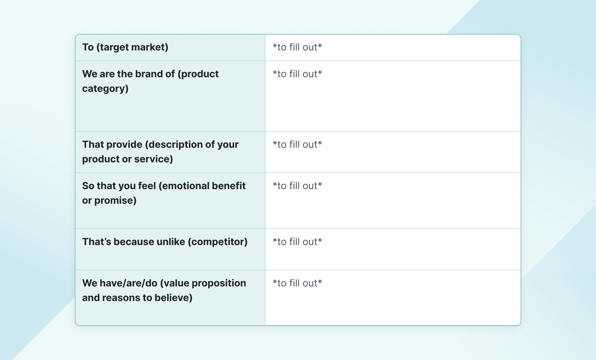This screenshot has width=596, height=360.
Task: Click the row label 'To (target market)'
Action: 125,47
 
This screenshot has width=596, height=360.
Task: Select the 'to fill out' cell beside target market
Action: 297,47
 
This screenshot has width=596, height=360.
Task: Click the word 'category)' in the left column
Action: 105,88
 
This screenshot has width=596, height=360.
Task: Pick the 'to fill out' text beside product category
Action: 297,74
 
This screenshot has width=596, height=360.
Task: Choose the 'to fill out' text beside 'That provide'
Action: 297,144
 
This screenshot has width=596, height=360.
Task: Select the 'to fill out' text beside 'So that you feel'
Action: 297,186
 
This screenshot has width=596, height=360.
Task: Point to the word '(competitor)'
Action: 218,242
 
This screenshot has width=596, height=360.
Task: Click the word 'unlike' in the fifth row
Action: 171,242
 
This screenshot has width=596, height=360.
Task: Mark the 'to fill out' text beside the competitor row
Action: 297,242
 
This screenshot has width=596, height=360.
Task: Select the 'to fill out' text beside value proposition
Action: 297,283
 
